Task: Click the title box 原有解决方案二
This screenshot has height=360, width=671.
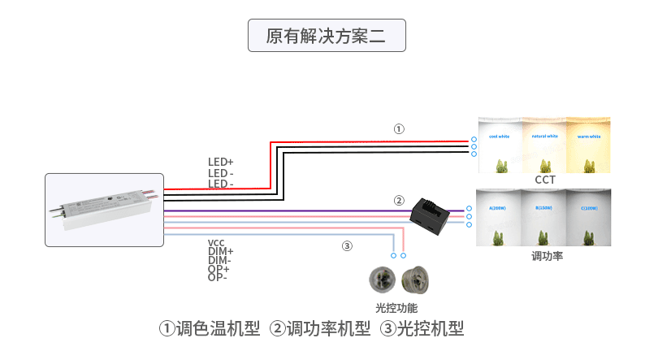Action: (327, 37)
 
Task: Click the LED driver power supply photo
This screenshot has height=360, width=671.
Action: (104, 210)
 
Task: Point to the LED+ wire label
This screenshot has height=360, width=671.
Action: (220, 163)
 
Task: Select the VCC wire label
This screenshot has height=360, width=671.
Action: (216, 243)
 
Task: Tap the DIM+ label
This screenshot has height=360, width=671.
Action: (220, 252)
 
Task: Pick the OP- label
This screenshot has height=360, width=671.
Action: (218, 277)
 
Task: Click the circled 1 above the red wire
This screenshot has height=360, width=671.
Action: (398, 128)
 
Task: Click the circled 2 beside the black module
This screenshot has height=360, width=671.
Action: (399, 200)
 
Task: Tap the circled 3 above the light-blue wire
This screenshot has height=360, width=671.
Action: (347, 245)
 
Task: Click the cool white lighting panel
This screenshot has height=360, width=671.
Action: (500, 145)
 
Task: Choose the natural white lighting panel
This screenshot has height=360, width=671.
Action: (543, 145)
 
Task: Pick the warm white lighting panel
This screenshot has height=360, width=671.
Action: (587, 145)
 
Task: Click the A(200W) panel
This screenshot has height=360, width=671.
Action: (500, 218)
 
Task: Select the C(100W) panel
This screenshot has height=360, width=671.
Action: (588, 218)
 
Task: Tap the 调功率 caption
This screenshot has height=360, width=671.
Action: (547, 256)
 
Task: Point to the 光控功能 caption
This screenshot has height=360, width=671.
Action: (396, 308)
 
